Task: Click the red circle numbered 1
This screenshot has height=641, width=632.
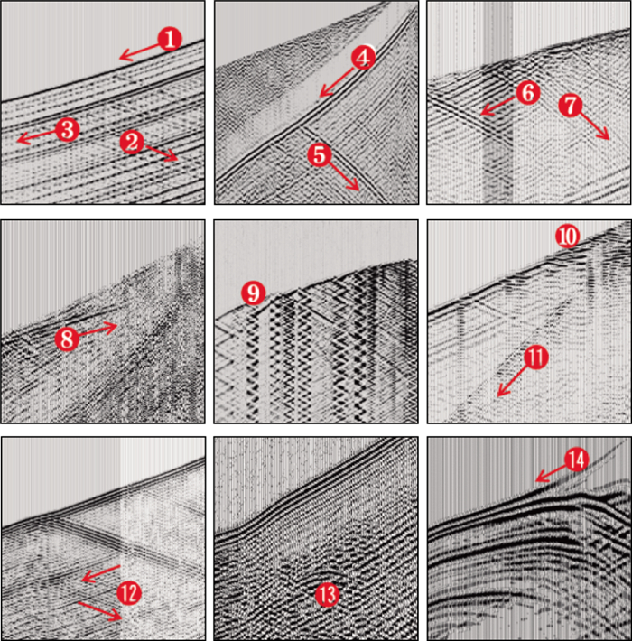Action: (x=170, y=39)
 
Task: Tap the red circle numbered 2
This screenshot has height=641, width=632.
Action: (x=132, y=143)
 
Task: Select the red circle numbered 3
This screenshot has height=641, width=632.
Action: (x=67, y=130)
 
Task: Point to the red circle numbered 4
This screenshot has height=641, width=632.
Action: (x=364, y=58)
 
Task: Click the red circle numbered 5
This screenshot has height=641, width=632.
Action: (x=320, y=155)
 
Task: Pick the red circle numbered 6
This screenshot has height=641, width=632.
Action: (x=528, y=93)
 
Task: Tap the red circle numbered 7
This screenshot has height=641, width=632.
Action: (x=571, y=105)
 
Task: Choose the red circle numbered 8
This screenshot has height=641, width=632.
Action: (x=67, y=339)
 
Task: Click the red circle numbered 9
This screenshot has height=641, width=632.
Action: (x=254, y=293)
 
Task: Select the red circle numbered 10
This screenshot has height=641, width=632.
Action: (x=568, y=236)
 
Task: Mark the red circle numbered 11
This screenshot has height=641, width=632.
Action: (x=536, y=357)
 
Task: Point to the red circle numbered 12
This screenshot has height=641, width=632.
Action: (x=129, y=593)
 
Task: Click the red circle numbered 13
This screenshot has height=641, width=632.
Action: (x=328, y=595)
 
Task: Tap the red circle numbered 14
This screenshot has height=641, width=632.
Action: (x=576, y=460)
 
